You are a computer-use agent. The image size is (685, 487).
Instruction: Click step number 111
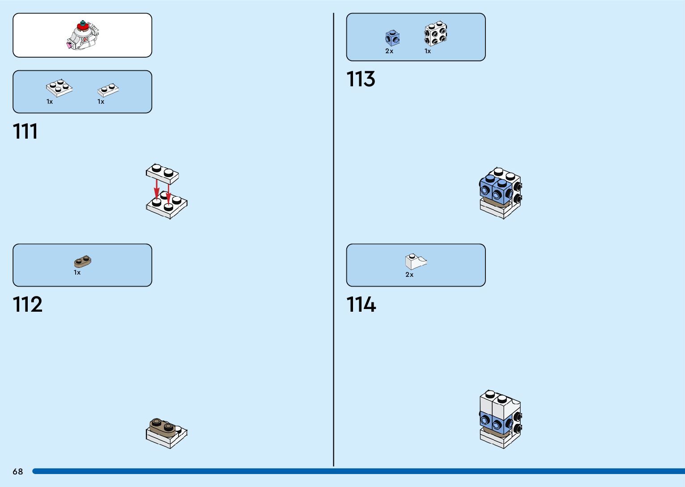click(26, 131)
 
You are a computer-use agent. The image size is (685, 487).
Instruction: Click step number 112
click(28, 305)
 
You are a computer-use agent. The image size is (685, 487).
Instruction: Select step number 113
click(361, 79)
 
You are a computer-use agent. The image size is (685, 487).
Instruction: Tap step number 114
click(361, 305)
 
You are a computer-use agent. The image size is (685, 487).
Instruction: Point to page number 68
click(18, 471)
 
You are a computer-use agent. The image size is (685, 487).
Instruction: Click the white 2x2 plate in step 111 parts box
click(59, 88)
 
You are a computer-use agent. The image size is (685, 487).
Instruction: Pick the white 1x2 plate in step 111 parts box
click(108, 90)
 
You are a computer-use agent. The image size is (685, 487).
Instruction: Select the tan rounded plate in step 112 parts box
click(82, 262)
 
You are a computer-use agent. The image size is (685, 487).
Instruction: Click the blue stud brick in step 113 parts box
click(392, 38)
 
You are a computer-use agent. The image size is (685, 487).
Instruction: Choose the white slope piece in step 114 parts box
click(415, 262)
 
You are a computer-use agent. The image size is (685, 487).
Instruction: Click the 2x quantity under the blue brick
click(389, 51)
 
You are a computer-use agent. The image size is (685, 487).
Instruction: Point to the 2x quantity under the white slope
click(409, 275)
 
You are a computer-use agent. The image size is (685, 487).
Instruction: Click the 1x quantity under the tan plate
click(77, 272)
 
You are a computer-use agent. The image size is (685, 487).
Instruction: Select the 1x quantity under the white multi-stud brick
click(428, 51)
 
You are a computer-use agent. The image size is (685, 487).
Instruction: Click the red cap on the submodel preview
click(82, 27)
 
